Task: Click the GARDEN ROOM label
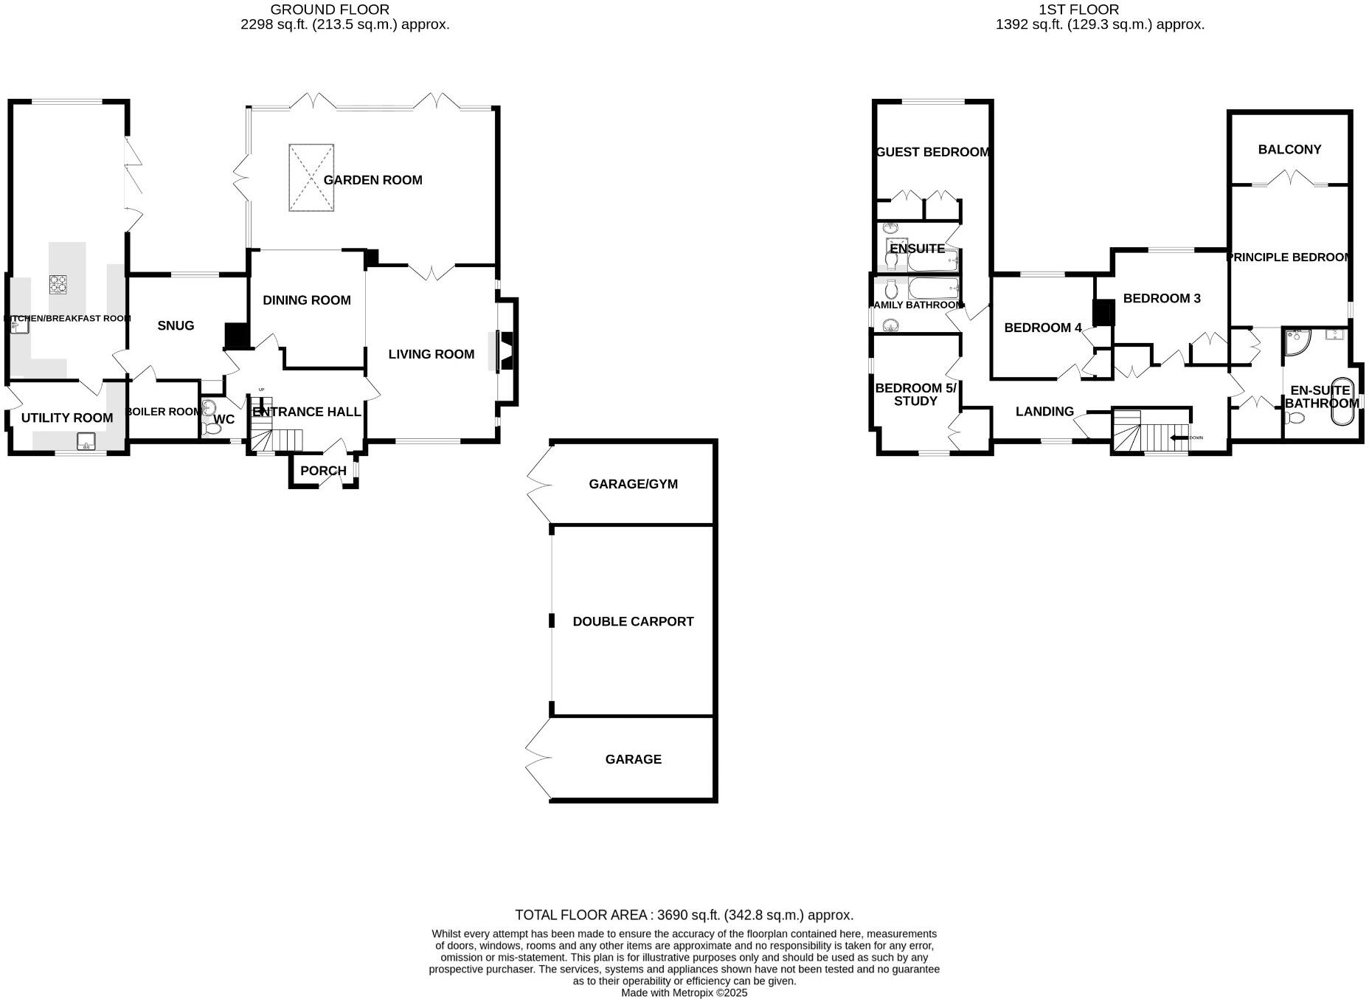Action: click(372, 180)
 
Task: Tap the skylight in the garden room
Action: click(311, 177)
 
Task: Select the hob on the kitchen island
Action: click(58, 283)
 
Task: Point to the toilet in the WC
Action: click(211, 427)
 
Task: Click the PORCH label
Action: click(323, 471)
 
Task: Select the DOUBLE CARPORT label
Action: click(633, 621)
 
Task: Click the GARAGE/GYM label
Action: click(633, 484)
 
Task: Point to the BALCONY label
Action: click(1289, 149)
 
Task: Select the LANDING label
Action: click(1044, 412)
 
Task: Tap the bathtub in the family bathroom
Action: click(932, 288)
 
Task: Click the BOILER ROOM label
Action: click(163, 412)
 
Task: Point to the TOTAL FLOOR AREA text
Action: click(684, 915)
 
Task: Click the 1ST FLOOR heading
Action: click(1078, 10)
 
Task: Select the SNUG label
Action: click(176, 325)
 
